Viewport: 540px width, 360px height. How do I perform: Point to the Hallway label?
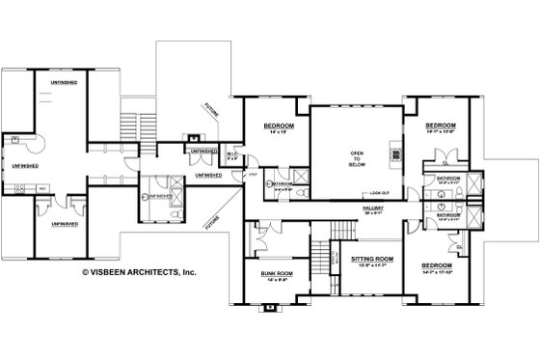(x=372, y=207)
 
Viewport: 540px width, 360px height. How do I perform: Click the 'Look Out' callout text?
(x=380, y=192)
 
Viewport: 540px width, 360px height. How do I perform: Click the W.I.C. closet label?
(x=232, y=152)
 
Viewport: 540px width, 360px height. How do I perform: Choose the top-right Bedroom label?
(x=441, y=126)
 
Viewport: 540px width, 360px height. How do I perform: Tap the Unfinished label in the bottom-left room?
(x=60, y=224)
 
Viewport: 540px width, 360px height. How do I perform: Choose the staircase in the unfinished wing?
(x=127, y=125)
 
